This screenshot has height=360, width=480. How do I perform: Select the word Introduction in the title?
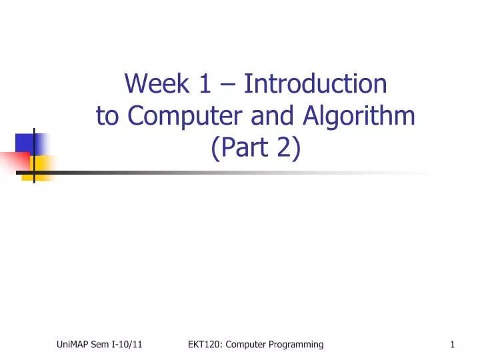point(315,84)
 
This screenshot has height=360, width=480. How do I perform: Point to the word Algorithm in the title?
point(359,116)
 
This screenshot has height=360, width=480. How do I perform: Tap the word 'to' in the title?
point(108,116)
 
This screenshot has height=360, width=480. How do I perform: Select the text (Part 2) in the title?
point(256,148)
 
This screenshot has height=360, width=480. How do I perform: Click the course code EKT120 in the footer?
point(203,344)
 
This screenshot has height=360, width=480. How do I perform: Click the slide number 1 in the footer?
point(453,344)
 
